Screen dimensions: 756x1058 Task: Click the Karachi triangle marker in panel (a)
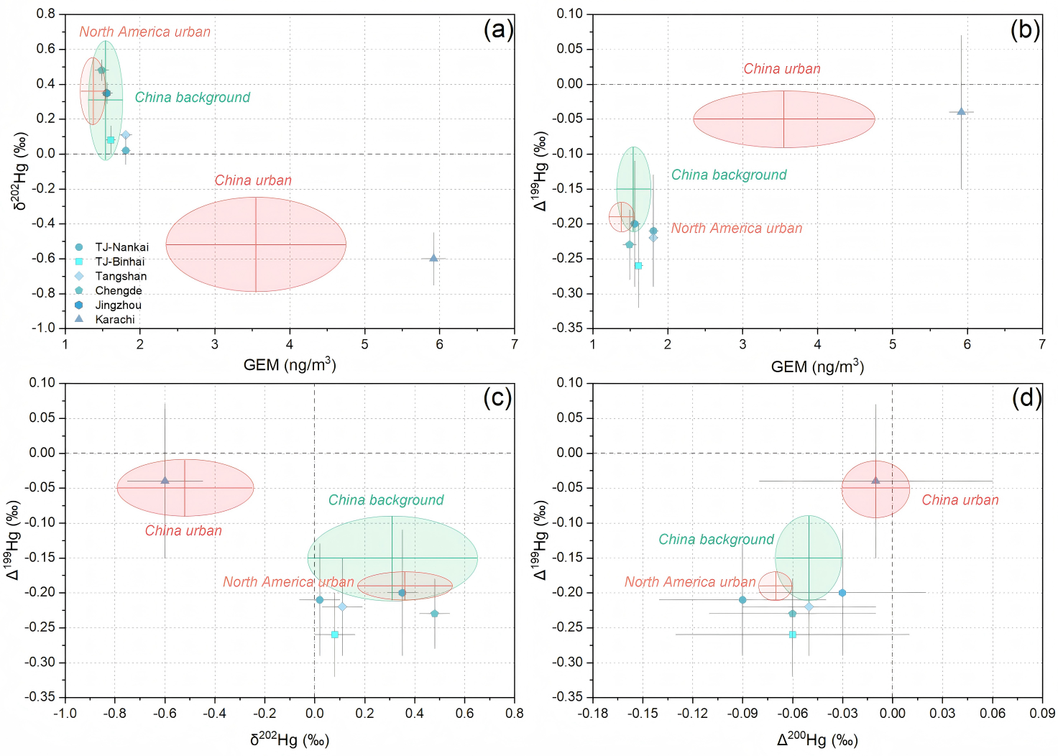433,258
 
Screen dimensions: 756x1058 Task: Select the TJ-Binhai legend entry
119,262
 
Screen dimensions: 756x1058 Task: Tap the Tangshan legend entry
121,276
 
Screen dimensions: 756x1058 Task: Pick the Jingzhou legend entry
118,305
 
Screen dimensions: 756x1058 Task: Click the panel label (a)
498,30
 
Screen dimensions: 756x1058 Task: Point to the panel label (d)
1026,397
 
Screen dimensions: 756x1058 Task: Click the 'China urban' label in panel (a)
253,180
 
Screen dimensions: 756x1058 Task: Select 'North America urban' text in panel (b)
737,229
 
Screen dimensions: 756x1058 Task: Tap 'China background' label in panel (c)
386,500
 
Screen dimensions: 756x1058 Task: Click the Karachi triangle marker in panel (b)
961,111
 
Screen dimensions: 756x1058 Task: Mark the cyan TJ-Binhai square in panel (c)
334,635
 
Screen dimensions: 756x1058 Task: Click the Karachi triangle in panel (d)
875,480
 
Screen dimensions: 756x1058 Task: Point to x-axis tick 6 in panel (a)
439,344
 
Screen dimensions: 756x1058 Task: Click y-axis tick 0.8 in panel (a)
45,14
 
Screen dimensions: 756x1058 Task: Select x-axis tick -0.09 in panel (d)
742,713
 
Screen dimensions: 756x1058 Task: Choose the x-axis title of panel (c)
289,739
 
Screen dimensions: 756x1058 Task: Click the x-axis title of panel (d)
817,739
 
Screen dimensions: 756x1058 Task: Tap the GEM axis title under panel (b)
817,367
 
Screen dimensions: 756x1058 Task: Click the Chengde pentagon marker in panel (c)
434,614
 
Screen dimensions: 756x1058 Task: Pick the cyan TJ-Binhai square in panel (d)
793,635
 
